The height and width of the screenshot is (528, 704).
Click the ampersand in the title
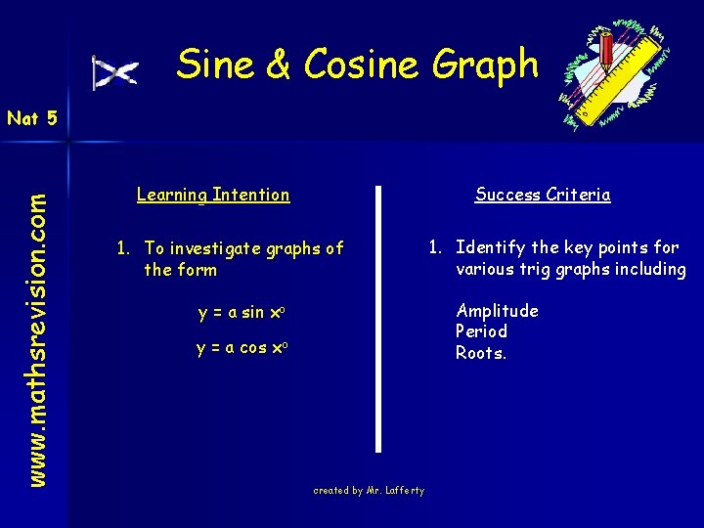(x=277, y=66)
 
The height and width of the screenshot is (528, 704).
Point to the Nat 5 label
(x=32, y=119)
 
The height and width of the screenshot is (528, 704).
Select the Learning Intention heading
(x=213, y=195)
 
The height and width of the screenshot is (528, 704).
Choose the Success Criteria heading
(x=543, y=195)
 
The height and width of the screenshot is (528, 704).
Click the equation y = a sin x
(x=241, y=313)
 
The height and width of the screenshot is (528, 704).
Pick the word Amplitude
(x=497, y=311)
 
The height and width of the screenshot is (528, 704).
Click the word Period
(x=482, y=331)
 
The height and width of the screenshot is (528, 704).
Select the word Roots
(x=481, y=353)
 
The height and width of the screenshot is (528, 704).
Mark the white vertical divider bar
(x=377, y=318)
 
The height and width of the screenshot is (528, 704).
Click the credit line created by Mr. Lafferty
(x=369, y=491)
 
